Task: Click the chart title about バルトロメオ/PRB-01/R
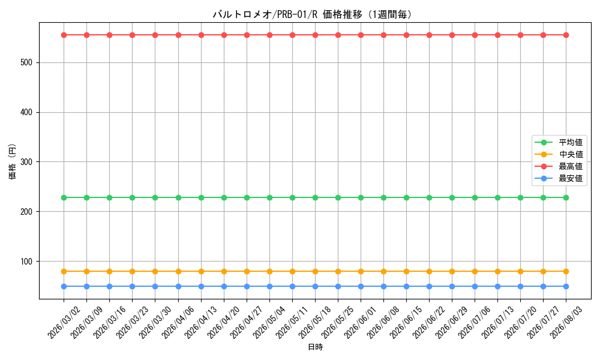pyautogui.click(x=313, y=14)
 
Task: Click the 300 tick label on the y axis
pyautogui.click(x=26, y=162)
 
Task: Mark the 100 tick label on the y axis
pyautogui.click(x=26, y=261)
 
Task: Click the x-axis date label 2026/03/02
pyautogui.click(x=64, y=322)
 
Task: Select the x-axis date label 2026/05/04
pyautogui.click(x=270, y=322)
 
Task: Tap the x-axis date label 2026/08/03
pyautogui.click(x=567, y=322)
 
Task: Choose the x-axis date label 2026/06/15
pyautogui.click(x=407, y=322)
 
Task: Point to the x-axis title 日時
pyautogui.click(x=316, y=347)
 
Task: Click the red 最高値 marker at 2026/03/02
pyautogui.click(x=64, y=35)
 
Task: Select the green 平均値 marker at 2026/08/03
pyautogui.click(x=566, y=198)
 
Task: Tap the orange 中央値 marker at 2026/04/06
pyautogui.click(x=178, y=272)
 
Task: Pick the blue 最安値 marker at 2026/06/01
pyautogui.click(x=361, y=287)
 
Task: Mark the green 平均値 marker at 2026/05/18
pyautogui.click(x=316, y=198)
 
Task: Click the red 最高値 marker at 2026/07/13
pyautogui.click(x=498, y=35)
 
